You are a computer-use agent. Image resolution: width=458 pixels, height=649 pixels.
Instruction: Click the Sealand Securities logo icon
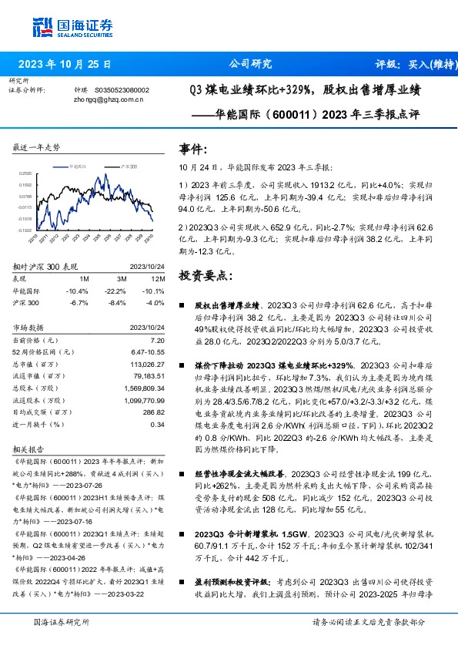(43, 26)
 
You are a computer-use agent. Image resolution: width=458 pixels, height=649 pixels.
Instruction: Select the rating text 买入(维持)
(426, 64)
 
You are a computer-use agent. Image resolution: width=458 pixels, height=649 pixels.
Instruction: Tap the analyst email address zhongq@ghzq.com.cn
(109, 99)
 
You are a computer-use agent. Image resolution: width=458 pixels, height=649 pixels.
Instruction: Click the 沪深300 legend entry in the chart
(129, 166)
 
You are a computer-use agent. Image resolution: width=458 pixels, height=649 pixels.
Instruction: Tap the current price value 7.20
(157, 340)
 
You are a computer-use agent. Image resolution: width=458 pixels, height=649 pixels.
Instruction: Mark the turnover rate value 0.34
(157, 423)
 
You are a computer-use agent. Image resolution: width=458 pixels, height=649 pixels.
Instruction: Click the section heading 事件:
(193, 149)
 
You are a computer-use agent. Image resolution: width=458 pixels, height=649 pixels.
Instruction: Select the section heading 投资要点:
(203, 275)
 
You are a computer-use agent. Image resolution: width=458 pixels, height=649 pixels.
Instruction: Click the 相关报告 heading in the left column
(29, 448)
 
